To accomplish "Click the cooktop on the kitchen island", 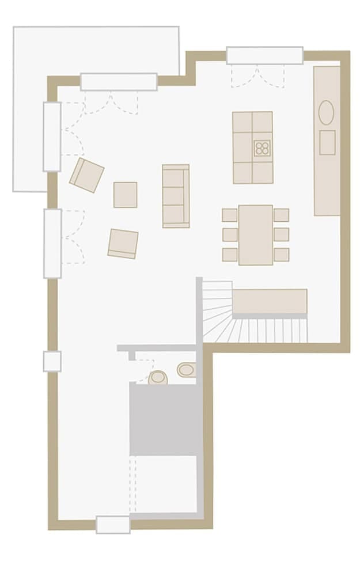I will point(262,148).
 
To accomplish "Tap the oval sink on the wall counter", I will point(326,112).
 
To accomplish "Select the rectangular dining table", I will point(256,235).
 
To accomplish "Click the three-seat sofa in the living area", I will point(176,196).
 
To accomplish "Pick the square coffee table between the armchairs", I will point(125,195).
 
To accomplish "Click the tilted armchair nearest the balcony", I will point(86,175).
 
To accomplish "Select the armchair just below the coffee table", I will point(123,244).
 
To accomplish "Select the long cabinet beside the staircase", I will point(270,301).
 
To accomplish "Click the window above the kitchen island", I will point(264,55).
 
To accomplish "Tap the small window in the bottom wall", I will point(113,525).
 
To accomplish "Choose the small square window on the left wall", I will point(52,361).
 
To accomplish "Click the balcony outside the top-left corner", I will point(35,104).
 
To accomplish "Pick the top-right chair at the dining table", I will point(281,215).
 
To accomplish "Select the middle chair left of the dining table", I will point(230,234).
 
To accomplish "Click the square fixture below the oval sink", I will point(327,142).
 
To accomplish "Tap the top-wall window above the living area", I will point(119,82).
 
